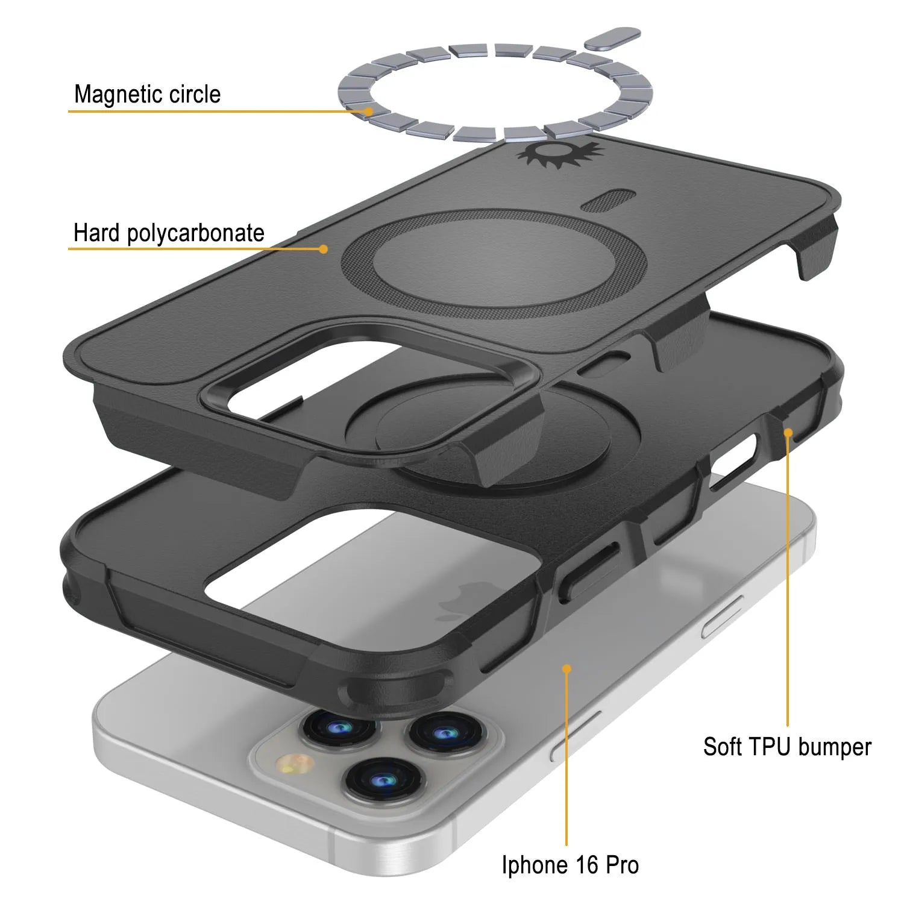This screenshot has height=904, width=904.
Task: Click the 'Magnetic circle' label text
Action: (147, 95)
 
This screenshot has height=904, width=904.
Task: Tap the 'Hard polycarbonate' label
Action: (169, 233)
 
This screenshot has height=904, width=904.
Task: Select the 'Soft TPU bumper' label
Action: (787, 747)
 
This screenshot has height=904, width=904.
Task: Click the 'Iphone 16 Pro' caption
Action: (570, 865)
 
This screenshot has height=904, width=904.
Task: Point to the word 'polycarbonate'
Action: (196, 234)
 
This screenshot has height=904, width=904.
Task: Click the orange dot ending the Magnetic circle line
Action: (368, 111)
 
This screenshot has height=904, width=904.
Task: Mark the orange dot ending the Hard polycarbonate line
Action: (324, 248)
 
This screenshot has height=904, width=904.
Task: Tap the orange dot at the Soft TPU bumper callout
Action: (787, 432)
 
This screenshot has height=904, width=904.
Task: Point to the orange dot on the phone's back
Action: (567, 668)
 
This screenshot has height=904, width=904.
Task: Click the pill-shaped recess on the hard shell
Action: (608, 201)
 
